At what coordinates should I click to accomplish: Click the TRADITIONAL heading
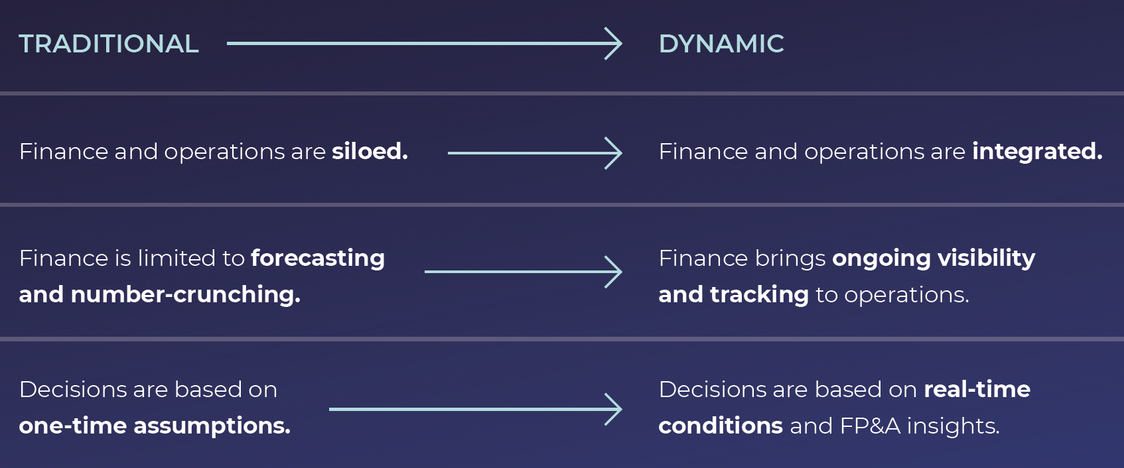point(109,44)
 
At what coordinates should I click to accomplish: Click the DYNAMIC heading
point(721,44)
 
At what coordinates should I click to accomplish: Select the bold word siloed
point(370,152)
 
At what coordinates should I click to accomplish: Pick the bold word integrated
point(1037,152)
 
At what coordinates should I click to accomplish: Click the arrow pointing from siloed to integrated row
point(534,153)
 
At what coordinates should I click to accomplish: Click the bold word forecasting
point(318,258)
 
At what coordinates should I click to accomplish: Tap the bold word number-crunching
point(185,294)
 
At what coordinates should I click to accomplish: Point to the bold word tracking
point(759,294)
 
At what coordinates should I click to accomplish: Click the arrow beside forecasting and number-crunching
point(523,272)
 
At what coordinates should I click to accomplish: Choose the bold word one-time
point(72,426)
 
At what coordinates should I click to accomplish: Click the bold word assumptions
point(212,426)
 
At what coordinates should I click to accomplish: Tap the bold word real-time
point(977,389)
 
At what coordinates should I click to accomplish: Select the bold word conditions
point(721,426)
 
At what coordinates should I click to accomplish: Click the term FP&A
point(870,426)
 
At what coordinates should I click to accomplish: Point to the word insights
point(953,426)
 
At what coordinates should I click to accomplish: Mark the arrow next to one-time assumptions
point(475,409)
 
